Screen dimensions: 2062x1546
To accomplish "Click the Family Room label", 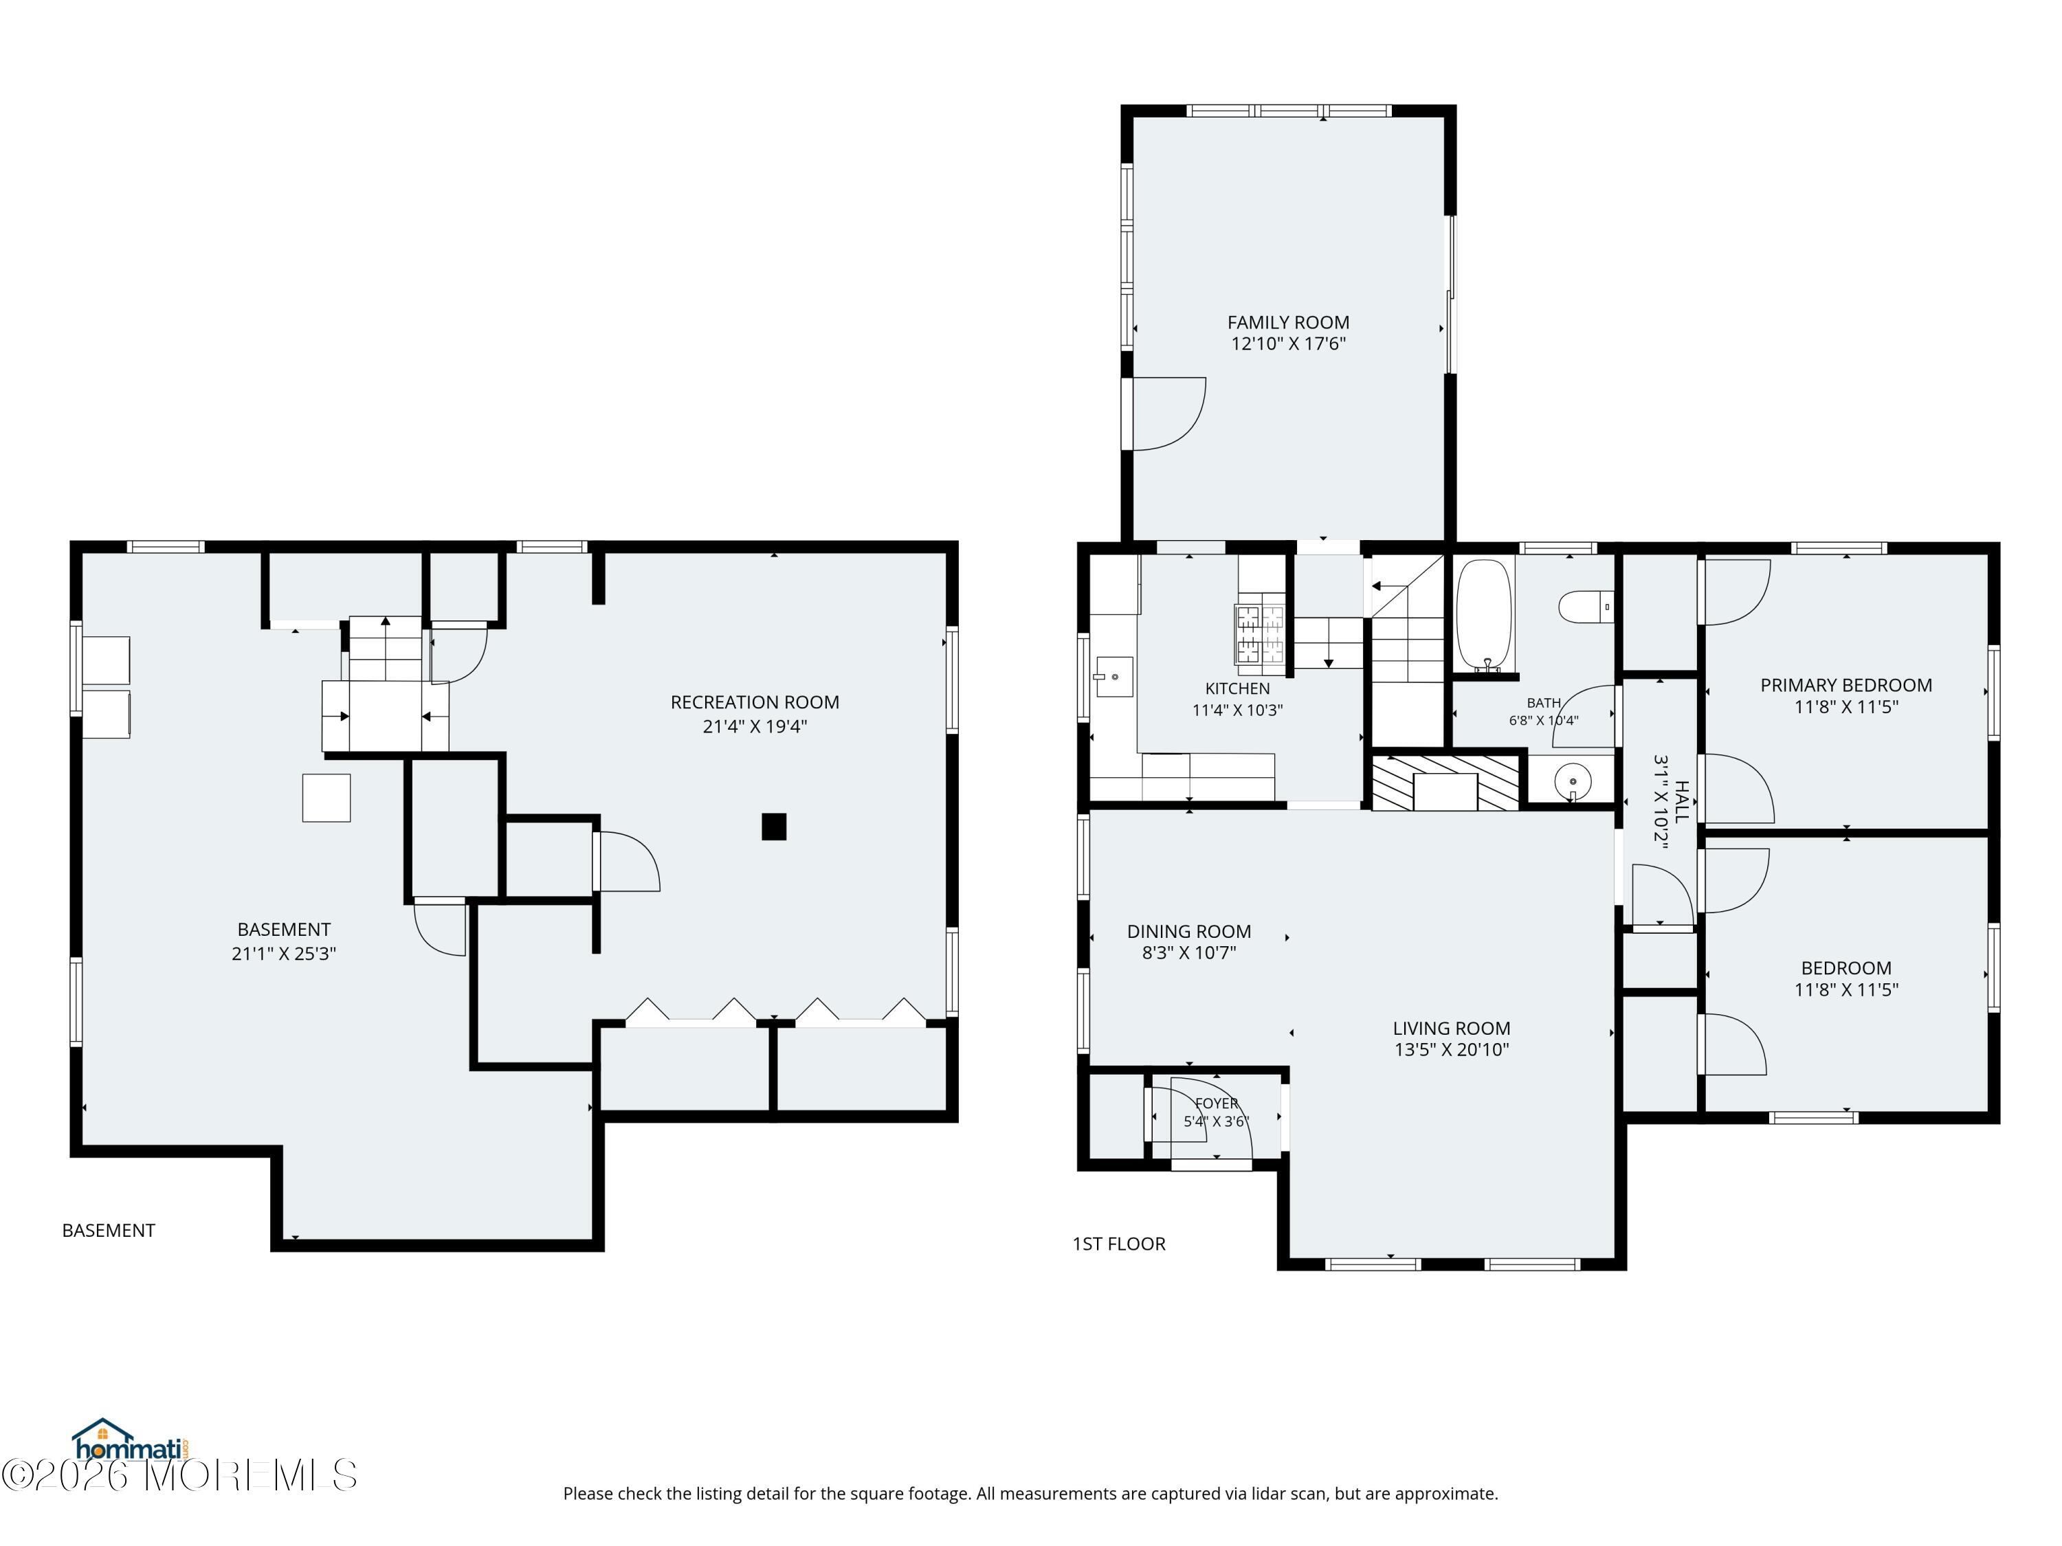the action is (x=1288, y=322).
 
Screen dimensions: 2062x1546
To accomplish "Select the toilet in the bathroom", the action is (x=1586, y=606).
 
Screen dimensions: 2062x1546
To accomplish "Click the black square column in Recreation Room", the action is (x=774, y=827).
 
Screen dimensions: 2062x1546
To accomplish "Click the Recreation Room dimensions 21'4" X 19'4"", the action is (x=755, y=726).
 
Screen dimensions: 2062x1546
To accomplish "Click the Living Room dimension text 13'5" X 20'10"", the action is (x=1452, y=1049).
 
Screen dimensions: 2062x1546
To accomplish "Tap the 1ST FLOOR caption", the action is (x=1118, y=1244).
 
